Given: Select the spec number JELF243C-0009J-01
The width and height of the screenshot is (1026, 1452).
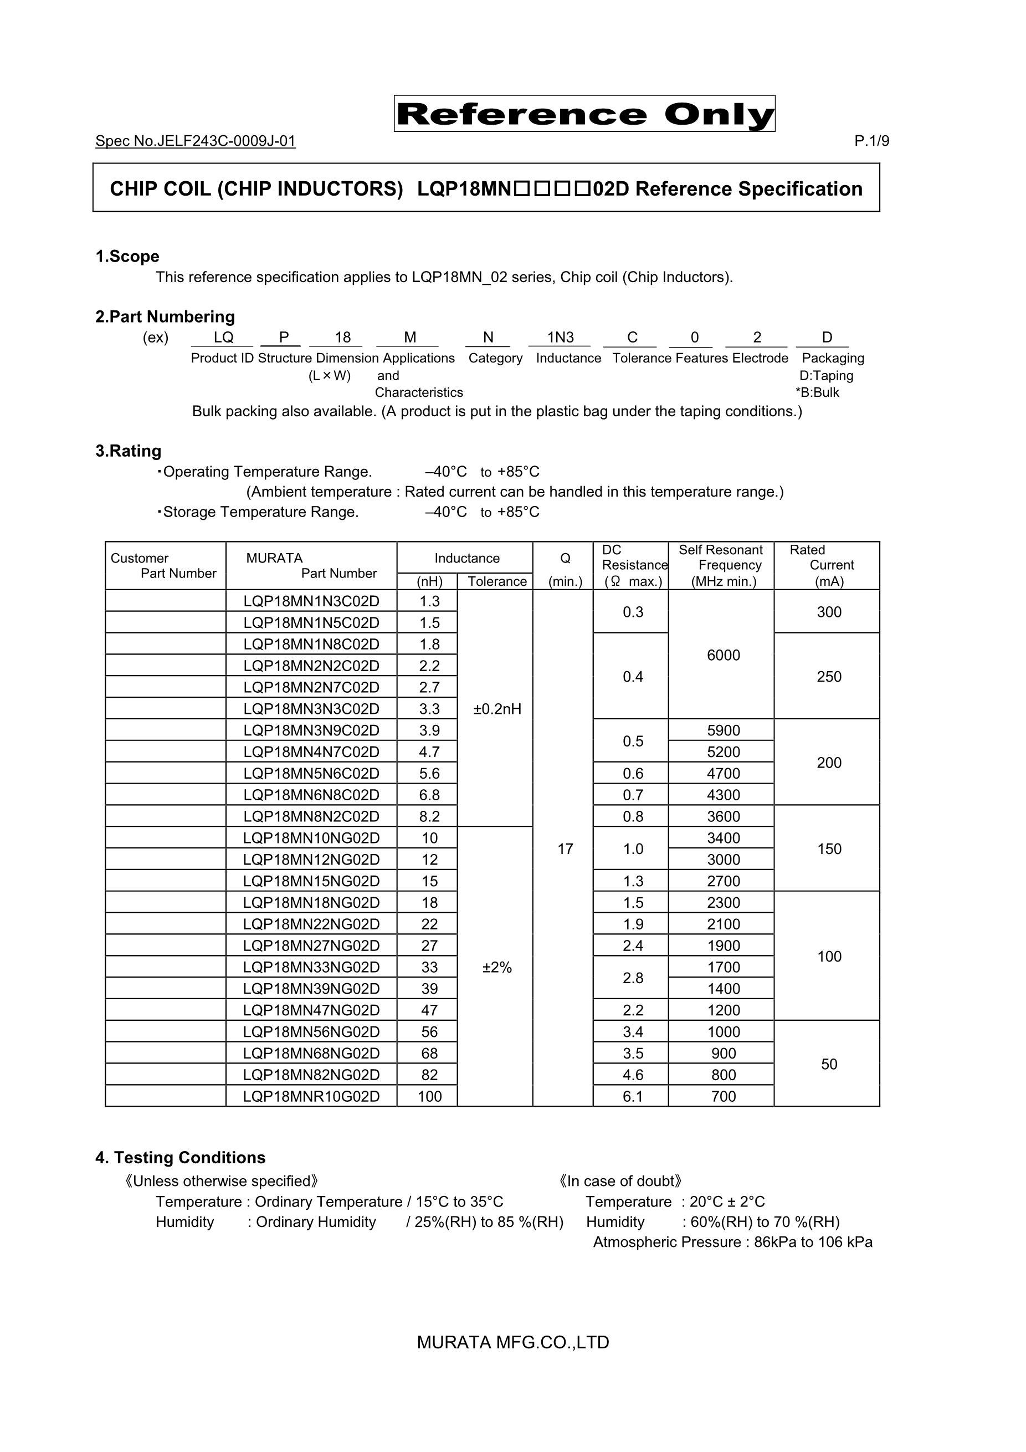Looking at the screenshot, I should coord(196,141).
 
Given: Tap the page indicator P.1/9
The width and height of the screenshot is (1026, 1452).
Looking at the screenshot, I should coord(871,141).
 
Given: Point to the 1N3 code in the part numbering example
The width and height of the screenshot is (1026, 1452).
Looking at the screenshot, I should coord(560,338).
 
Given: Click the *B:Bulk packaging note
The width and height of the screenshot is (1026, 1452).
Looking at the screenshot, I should coord(817,392).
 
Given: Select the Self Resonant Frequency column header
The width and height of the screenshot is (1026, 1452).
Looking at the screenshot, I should coord(721,565).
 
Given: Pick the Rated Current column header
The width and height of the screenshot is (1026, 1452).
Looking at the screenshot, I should coord(828,565).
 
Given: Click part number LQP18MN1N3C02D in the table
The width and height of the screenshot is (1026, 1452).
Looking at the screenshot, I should coord(311,601).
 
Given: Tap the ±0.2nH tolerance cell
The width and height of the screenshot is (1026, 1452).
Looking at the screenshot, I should coord(497,709).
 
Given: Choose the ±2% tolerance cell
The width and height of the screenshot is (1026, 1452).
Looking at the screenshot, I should coord(497,967).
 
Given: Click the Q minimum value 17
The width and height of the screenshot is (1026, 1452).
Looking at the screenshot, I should coord(565,848).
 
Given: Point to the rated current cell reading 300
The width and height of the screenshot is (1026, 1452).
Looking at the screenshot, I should coord(829,611).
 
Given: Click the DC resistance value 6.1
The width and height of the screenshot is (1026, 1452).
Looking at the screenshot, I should coord(632,1096).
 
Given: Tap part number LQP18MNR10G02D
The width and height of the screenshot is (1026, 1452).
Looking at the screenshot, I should coord(311,1096).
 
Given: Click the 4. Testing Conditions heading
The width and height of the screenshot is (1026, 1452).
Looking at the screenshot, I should coord(180,1157).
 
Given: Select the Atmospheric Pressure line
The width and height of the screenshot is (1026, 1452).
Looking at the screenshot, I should coord(732,1241).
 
